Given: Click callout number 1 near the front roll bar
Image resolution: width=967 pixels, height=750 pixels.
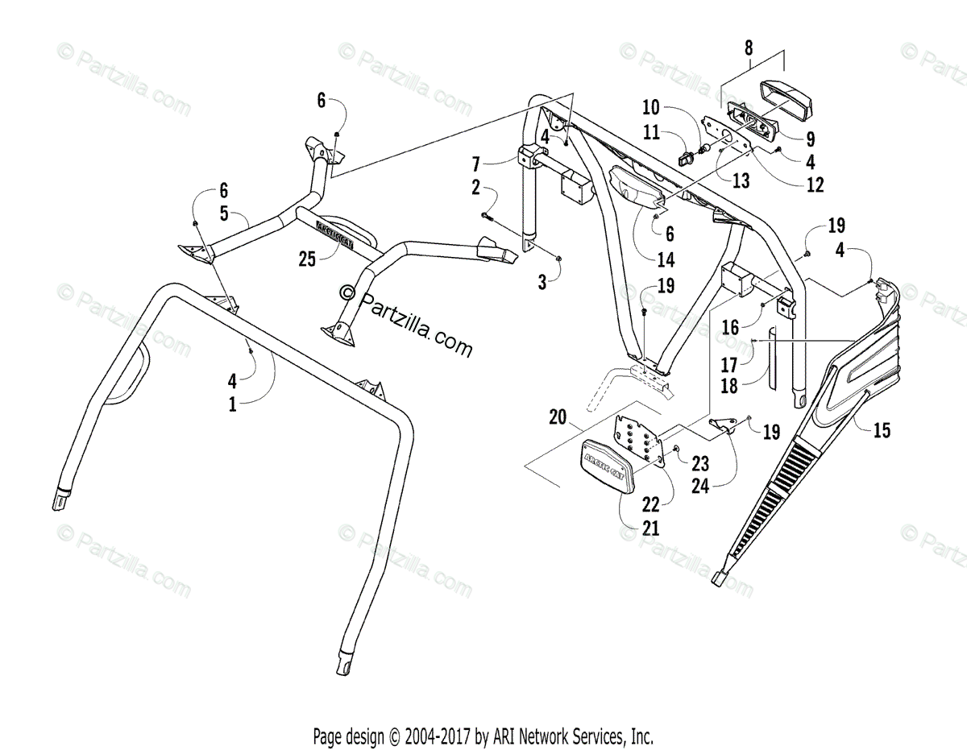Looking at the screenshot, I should (233, 404).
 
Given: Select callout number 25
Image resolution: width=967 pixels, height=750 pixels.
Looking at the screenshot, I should (308, 258).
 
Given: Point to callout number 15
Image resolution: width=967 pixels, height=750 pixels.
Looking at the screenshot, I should (882, 431).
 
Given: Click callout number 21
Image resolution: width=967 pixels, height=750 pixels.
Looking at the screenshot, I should (651, 528).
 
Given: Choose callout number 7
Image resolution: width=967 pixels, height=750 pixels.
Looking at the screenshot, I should (476, 164).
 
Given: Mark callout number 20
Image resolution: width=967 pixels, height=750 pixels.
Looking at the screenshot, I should (557, 416).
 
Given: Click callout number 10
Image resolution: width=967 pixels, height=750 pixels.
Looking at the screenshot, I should (651, 107).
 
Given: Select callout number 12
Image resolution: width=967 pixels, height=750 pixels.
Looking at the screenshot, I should (815, 184).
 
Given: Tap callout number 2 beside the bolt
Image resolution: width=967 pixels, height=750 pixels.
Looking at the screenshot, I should (475, 188).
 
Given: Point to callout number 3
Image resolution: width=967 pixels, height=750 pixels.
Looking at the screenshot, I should (542, 281).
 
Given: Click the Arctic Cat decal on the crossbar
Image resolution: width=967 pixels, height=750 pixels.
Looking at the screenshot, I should (331, 228).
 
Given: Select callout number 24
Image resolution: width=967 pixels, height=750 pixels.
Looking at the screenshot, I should (700, 486).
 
